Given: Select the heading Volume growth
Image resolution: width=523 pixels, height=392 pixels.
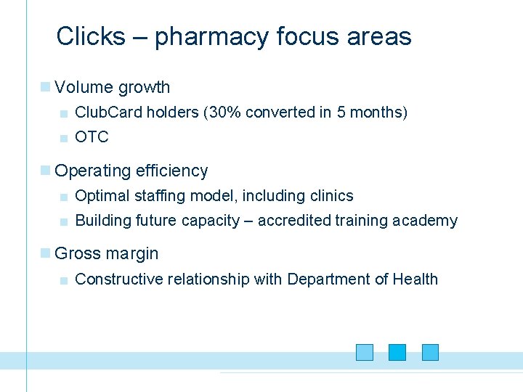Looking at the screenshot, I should pos(112,88).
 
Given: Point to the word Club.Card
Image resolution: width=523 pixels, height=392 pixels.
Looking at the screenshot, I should pos(108,113).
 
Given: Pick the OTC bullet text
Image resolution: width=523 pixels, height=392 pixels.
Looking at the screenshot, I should pos(92,137).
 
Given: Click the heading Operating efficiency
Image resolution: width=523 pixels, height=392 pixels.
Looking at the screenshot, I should pos(131,171).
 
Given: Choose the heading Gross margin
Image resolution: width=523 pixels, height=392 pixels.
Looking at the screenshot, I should pos(106,254).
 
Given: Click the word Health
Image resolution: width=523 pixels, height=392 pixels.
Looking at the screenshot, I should pos(415,279).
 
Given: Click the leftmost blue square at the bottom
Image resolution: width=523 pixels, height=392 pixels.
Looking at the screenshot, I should pos(365,353).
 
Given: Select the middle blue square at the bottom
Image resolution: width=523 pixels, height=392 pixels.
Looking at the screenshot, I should pos(397,353).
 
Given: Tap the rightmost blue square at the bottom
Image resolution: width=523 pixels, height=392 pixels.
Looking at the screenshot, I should pos(431,353).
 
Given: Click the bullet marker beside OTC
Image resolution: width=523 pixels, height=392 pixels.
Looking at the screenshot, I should pos(65,138).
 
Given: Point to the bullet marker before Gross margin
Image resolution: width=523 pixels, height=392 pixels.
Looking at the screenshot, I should pos(46,253).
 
